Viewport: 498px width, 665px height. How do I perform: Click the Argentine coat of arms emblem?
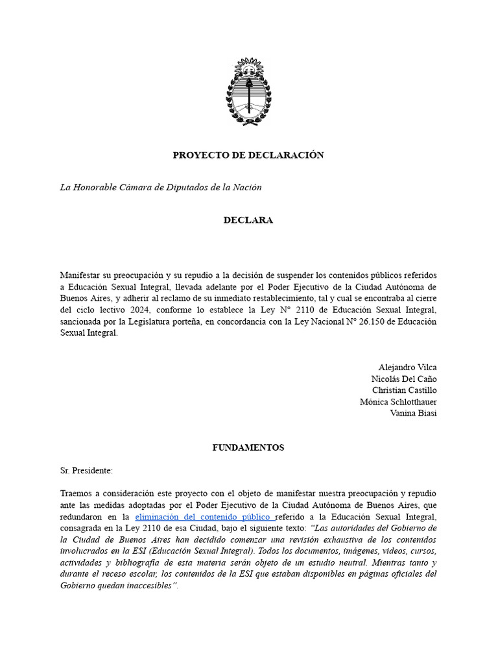pos(248,91)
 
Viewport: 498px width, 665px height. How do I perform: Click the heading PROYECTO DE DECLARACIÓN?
pos(248,155)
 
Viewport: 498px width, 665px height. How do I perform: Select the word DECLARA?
pos(248,220)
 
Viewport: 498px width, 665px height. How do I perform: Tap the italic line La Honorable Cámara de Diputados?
pos(161,188)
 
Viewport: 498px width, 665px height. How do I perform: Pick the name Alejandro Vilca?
pos(407,368)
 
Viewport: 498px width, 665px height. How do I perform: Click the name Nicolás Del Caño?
pos(404,379)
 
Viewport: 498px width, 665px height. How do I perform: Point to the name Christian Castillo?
pos(405,390)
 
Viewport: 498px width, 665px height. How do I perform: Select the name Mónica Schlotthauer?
pos(398,402)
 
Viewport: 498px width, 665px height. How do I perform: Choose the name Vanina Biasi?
pos(413,413)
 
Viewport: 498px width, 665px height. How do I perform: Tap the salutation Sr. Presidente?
pos(86,470)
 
